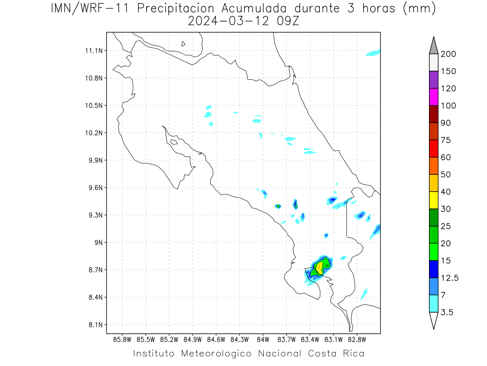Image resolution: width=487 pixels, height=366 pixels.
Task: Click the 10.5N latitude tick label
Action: tap(94, 105)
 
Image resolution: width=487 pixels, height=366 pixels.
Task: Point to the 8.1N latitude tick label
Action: tap(96, 325)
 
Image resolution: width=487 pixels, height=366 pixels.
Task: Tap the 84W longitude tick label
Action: tap(263, 340)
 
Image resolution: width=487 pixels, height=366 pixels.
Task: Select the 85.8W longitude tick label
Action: tap(122, 340)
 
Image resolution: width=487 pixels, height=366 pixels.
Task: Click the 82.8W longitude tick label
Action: tap(357, 340)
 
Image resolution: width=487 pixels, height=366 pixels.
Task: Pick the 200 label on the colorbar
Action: tap(448, 54)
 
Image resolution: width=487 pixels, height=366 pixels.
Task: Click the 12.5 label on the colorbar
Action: tap(450, 278)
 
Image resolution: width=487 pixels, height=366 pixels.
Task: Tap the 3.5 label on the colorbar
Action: tap(447, 312)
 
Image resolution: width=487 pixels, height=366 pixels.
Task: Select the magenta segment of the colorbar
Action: tap(433, 97)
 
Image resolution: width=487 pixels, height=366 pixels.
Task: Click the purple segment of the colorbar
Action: tap(433, 80)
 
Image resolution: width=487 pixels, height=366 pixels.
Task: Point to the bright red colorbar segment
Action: tap(433, 148)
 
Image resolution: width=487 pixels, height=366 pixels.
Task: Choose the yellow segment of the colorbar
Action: tap(433, 200)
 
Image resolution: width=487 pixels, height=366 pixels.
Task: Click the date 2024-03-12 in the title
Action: tap(228, 21)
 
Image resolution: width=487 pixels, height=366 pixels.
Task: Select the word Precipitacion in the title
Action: tap(176, 9)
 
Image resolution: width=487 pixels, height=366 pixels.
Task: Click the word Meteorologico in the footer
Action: tap(216, 353)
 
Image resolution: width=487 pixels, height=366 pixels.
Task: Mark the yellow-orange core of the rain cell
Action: tap(319, 268)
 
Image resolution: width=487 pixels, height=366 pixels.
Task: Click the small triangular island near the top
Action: tap(183, 44)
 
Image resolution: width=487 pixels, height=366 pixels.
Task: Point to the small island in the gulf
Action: tap(174, 142)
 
